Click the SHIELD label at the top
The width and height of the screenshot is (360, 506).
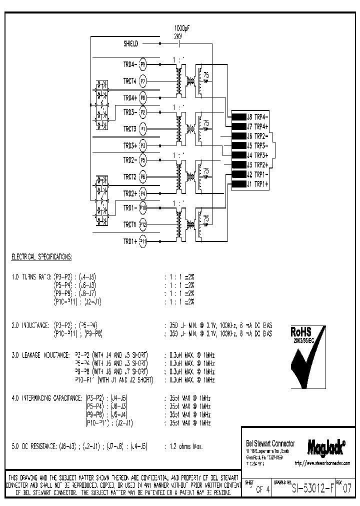(131, 44)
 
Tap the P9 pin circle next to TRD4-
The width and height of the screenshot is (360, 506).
(143, 64)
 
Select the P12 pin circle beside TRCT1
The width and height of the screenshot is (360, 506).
(143, 224)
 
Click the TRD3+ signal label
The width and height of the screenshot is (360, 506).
(130, 145)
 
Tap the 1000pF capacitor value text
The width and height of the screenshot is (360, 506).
(181, 28)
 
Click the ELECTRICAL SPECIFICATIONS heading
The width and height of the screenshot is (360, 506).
(41, 256)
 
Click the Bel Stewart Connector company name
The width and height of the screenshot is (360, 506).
(270, 443)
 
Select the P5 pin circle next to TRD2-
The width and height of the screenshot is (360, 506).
(143, 160)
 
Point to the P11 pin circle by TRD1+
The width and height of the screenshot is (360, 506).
(143, 241)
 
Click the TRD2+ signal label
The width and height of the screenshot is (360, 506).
(130, 192)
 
